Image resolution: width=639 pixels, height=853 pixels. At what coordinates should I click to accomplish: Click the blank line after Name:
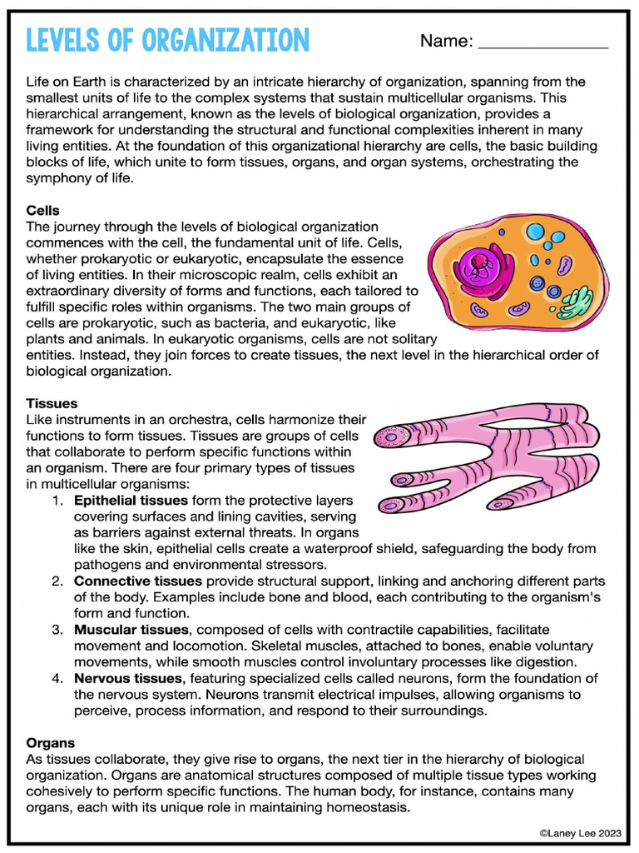[x=543, y=43]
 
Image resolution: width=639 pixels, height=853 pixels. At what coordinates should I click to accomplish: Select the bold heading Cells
[x=42, y=211]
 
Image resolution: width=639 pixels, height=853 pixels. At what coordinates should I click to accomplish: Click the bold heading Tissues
[x=52, y=403]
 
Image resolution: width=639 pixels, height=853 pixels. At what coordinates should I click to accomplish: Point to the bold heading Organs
[x=50, y=743]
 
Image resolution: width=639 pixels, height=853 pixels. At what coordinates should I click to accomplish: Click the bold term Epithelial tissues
[x=131, y=501]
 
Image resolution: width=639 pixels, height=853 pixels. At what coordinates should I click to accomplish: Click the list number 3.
[x=57, y=630]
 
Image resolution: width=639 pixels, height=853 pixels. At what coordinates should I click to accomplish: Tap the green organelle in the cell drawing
[x=575, y=302]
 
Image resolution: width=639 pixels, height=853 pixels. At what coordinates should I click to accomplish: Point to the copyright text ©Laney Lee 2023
[x=580, y=831]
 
